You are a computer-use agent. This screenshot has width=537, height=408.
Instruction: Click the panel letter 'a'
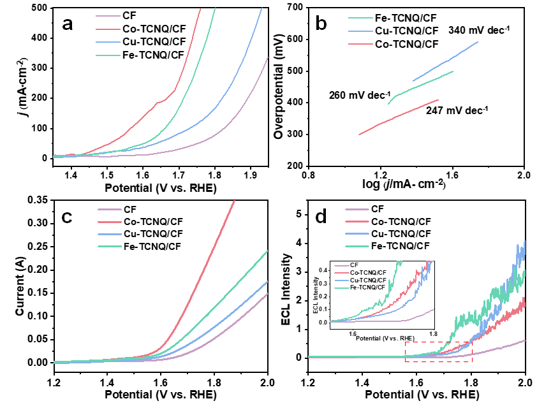tap(71, 25)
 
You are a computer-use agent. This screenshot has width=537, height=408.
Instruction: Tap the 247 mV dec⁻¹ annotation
tap(457, 110)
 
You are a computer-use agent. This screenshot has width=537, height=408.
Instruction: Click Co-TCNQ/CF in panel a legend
tap(152, 28)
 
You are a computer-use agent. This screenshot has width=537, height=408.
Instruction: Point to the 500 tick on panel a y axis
tap(38, 8)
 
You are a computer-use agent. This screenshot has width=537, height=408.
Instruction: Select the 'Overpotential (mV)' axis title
tap(279, 87)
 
